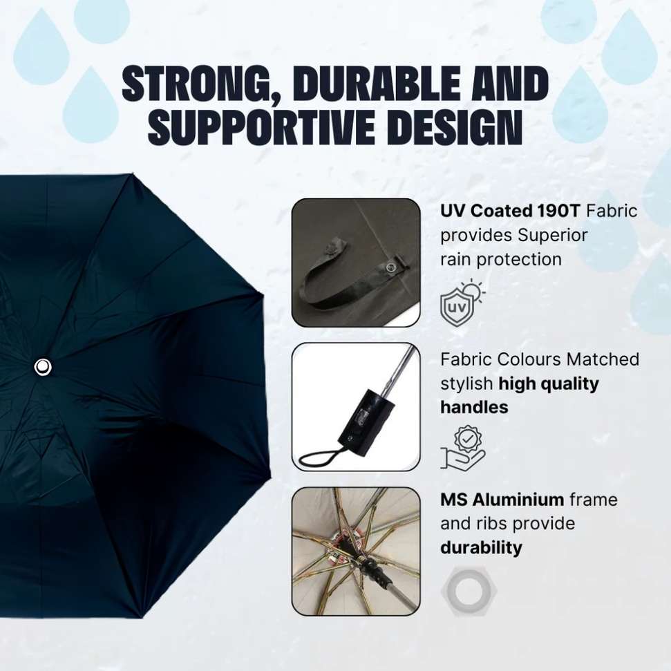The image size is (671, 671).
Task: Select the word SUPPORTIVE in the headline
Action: tap(261, 126)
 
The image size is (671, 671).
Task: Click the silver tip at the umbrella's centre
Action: tap(43, 367)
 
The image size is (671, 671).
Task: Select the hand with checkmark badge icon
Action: tap(462, 447)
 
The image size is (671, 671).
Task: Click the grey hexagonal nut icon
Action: tap(468, 591)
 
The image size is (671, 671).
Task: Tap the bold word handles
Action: tap(474, 407)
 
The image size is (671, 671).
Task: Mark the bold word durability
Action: tap(481, 548)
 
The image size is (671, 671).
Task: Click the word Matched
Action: tap(603, 359)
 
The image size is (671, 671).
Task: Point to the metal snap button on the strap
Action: tap(390, 268)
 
